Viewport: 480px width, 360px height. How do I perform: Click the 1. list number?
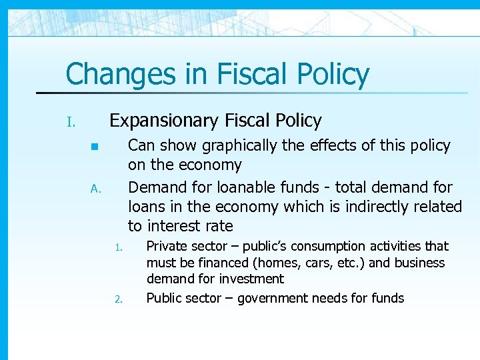pyautogui.click(x=117, y=248)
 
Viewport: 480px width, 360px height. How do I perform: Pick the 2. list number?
pyautogui.click(x=117, y=299)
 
